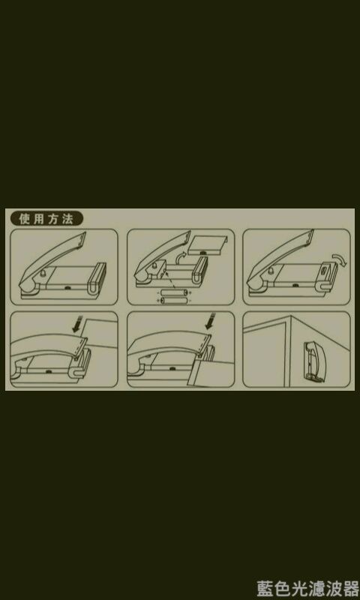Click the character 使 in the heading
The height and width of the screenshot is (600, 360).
[24, 219]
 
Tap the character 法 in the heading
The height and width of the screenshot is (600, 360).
[67, 219]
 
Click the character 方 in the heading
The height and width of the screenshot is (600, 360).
[52, 219]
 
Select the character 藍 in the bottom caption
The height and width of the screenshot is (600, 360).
[265, 588]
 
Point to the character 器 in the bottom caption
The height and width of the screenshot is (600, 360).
[350, 588]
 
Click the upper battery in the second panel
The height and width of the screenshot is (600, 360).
[174, 293]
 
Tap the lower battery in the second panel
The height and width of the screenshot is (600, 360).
[174, 301]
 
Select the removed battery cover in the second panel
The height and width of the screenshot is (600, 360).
[208, 245]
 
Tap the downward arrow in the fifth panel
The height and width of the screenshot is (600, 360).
[210, 321]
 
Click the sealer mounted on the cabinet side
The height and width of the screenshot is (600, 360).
[315, 361]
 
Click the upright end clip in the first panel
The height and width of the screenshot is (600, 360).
[97, 277]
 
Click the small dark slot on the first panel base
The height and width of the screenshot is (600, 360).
[67, 286]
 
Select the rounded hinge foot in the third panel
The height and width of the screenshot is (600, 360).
[254, 284]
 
